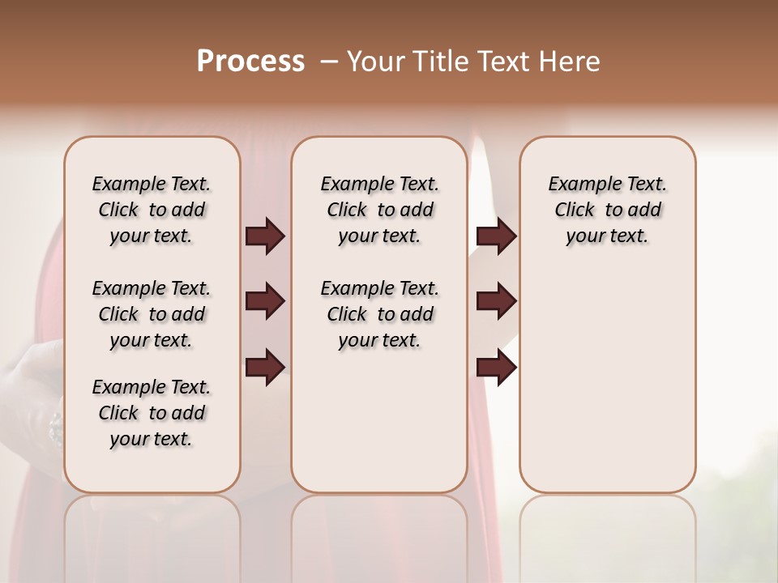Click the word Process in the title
[250, 62]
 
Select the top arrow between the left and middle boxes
[265, 236]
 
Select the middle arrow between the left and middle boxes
[265, 301]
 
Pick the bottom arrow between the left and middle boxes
[265, 368]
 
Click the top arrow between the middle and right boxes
[496, 236]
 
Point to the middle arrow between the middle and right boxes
[496, 301]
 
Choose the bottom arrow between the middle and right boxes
[496, 368]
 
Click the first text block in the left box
[152, 210]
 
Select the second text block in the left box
[152, 314]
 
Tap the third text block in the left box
[152, 413]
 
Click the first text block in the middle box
[379, 210]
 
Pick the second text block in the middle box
[379, 314]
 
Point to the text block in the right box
[608, 210]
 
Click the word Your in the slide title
[376, 62]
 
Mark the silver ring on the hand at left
[55, 427]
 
